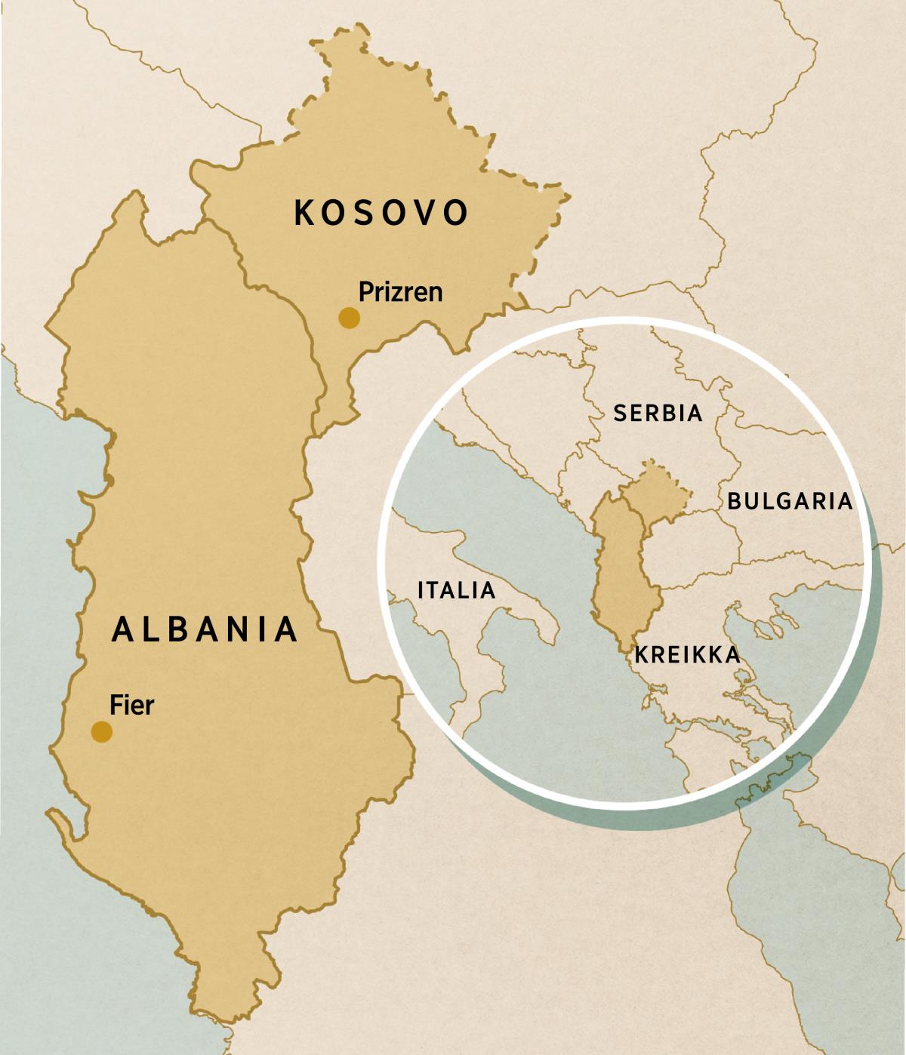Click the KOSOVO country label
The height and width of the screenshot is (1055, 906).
pyautogui.click(x=381, y=213)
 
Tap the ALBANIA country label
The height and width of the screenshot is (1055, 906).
pyautogui.click(x=205, y=629)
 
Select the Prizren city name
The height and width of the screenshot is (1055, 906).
pyautogui.click(x=400, y=292)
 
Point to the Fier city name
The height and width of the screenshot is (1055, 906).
pyautogui.click(x=132, y=705)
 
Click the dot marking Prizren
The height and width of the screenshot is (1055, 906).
pyautogui.click(x=349, y=318)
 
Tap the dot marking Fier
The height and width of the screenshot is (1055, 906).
pyautogui.click(x=102, y=731)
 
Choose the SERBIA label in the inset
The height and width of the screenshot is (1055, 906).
pyautogui.click(x=658, y=413)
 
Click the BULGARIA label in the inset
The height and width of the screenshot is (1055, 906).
pyautogui.click(x=790, y=501)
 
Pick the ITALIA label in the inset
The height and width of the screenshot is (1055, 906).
pyautogui.click(x=457, y=590)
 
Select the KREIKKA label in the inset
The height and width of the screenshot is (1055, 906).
pyautogui.click(x=687, y=654)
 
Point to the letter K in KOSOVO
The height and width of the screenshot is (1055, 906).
pyautogui.click(x=304, y=213)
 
